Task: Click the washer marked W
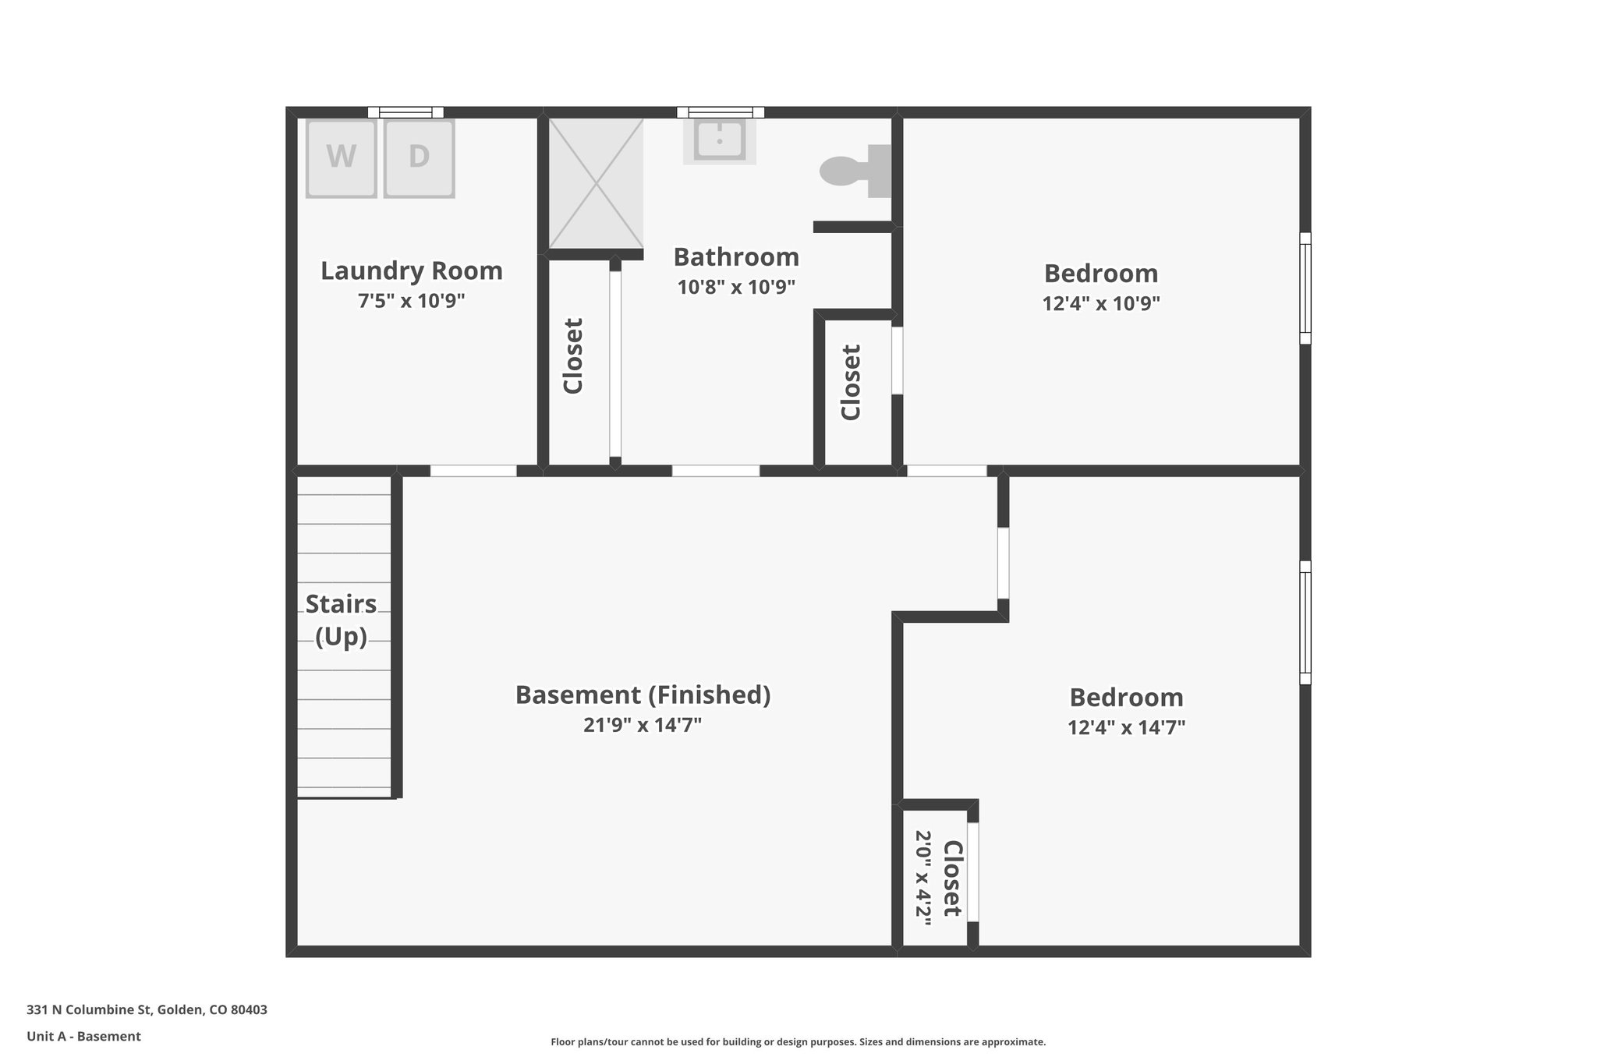click(x=341, y=157)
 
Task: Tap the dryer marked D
click(x=419, y=157)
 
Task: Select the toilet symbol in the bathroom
click(x=855, y=171)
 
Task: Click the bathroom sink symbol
click(x=720, y=141)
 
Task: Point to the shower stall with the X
click(x=596, y=183)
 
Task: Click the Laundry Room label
click(x=412, y=271)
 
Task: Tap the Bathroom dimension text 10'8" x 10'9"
click(x=736, y=288)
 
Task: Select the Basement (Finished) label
click(x=643, y=695)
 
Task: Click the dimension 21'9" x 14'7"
click(x=643, y=726)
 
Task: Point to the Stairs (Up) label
click(x=341, y=620)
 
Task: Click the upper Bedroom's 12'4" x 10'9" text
click(x=1101, y=303)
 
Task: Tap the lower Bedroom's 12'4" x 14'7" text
click(x=1126, y=728)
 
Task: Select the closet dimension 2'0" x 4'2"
click(x=923, y=878)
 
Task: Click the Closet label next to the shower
click(x=573, y=355)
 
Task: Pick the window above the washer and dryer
click(x=405, y=112)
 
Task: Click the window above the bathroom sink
click(x=720, y=112)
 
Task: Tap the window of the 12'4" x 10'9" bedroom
click(x=1305, y=288)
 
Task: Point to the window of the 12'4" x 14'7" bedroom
click(x=1305, y=622)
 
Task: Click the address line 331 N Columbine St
click(x=147, y=1010)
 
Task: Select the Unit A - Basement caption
click(x=83, y=1037)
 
